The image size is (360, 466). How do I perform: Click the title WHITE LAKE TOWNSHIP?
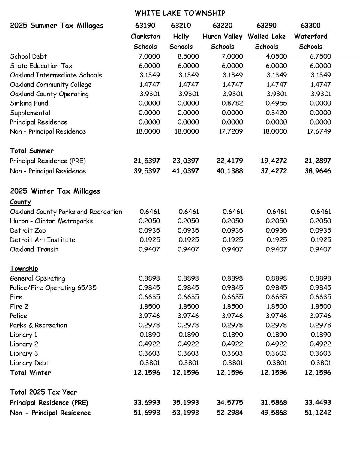[180, 13]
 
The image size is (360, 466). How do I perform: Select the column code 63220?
[222, 26]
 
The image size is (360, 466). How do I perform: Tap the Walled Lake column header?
[266, 37]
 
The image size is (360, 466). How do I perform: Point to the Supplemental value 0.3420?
[276, 113]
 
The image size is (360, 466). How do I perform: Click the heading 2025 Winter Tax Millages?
[55, 191]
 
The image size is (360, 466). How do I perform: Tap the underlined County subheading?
[20, 202]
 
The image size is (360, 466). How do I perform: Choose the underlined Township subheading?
[24, 269]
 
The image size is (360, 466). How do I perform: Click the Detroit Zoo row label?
[28, 230]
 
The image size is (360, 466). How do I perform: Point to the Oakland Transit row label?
[34, 249]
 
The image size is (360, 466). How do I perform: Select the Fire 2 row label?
[19, 306]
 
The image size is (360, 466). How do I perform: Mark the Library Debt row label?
[29, 363]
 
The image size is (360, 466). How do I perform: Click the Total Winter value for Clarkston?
[147, 373]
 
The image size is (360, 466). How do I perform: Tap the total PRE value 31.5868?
[274, 402]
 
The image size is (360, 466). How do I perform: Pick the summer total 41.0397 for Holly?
[185, 171]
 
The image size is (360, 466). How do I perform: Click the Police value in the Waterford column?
[320, 316]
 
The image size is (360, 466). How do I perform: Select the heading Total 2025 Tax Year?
[43, 392]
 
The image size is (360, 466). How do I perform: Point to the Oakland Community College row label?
[51, 85]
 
